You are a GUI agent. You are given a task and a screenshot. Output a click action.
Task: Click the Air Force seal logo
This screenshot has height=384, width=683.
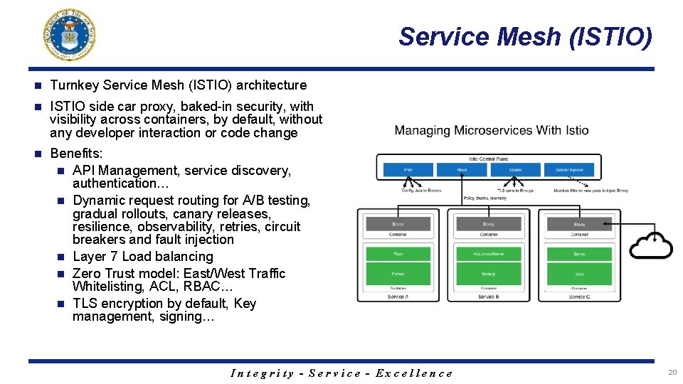click(x=69, y=34)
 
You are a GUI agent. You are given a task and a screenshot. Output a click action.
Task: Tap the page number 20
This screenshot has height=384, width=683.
click(x=672, y=373)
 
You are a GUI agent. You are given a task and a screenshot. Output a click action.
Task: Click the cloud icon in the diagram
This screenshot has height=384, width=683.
click(x=652, y=245)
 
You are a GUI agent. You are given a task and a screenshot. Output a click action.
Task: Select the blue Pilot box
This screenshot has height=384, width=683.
click(x=408, y=170)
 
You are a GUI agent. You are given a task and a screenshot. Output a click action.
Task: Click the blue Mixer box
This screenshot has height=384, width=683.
click(x=461, y=170)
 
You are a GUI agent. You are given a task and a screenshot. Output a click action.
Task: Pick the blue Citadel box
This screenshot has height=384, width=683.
click(x=516, y=170)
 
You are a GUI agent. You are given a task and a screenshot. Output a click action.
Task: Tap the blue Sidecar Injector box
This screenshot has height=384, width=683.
click(x=571, y=170)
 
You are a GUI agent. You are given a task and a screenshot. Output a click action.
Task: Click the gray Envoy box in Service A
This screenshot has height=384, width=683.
click(x=398, y=223)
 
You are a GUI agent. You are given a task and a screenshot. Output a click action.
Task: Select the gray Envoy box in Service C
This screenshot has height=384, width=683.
click(x=579, y=223)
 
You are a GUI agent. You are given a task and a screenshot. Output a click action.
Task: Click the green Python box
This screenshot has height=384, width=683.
click(x=398, y=273)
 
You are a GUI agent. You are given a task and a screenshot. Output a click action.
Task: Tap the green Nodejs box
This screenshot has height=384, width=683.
click(x=489, y=273)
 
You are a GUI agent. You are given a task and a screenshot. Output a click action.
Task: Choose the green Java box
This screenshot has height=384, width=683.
click(x=579, y=273)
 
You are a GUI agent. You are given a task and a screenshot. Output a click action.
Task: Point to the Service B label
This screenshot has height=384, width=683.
click(x=489, y=297)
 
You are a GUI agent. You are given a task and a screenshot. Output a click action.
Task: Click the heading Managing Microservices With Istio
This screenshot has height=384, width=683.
click(x=492, y=131)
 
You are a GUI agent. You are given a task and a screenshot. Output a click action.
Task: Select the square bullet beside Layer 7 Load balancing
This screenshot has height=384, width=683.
click(x=62, y=257)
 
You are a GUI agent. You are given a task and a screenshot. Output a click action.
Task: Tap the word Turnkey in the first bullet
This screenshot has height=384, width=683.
click(x=75, y=85)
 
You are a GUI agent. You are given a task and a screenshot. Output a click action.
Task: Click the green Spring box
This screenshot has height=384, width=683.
click(x=579, y=253)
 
